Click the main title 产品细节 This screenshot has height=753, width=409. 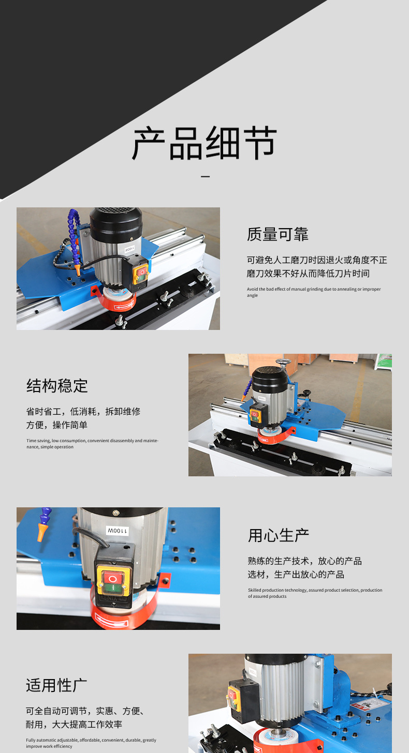coord(204,143)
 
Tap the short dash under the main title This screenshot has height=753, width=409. coord(205,176)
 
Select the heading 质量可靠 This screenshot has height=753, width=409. coord(277,234)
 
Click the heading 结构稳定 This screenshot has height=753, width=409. coord(57,386)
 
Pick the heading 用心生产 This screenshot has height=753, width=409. coord(279,536)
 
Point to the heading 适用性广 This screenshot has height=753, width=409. coord(56,686)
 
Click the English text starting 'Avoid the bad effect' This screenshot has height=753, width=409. coord(314,292)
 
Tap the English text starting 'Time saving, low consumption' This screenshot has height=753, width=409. coord(92,444)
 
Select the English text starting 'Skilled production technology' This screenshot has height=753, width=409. coord(315,593)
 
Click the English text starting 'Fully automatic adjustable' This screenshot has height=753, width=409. coord(91,743)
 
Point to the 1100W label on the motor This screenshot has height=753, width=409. coord(118,531)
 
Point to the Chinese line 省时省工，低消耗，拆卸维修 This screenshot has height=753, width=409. coord(83,412)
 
